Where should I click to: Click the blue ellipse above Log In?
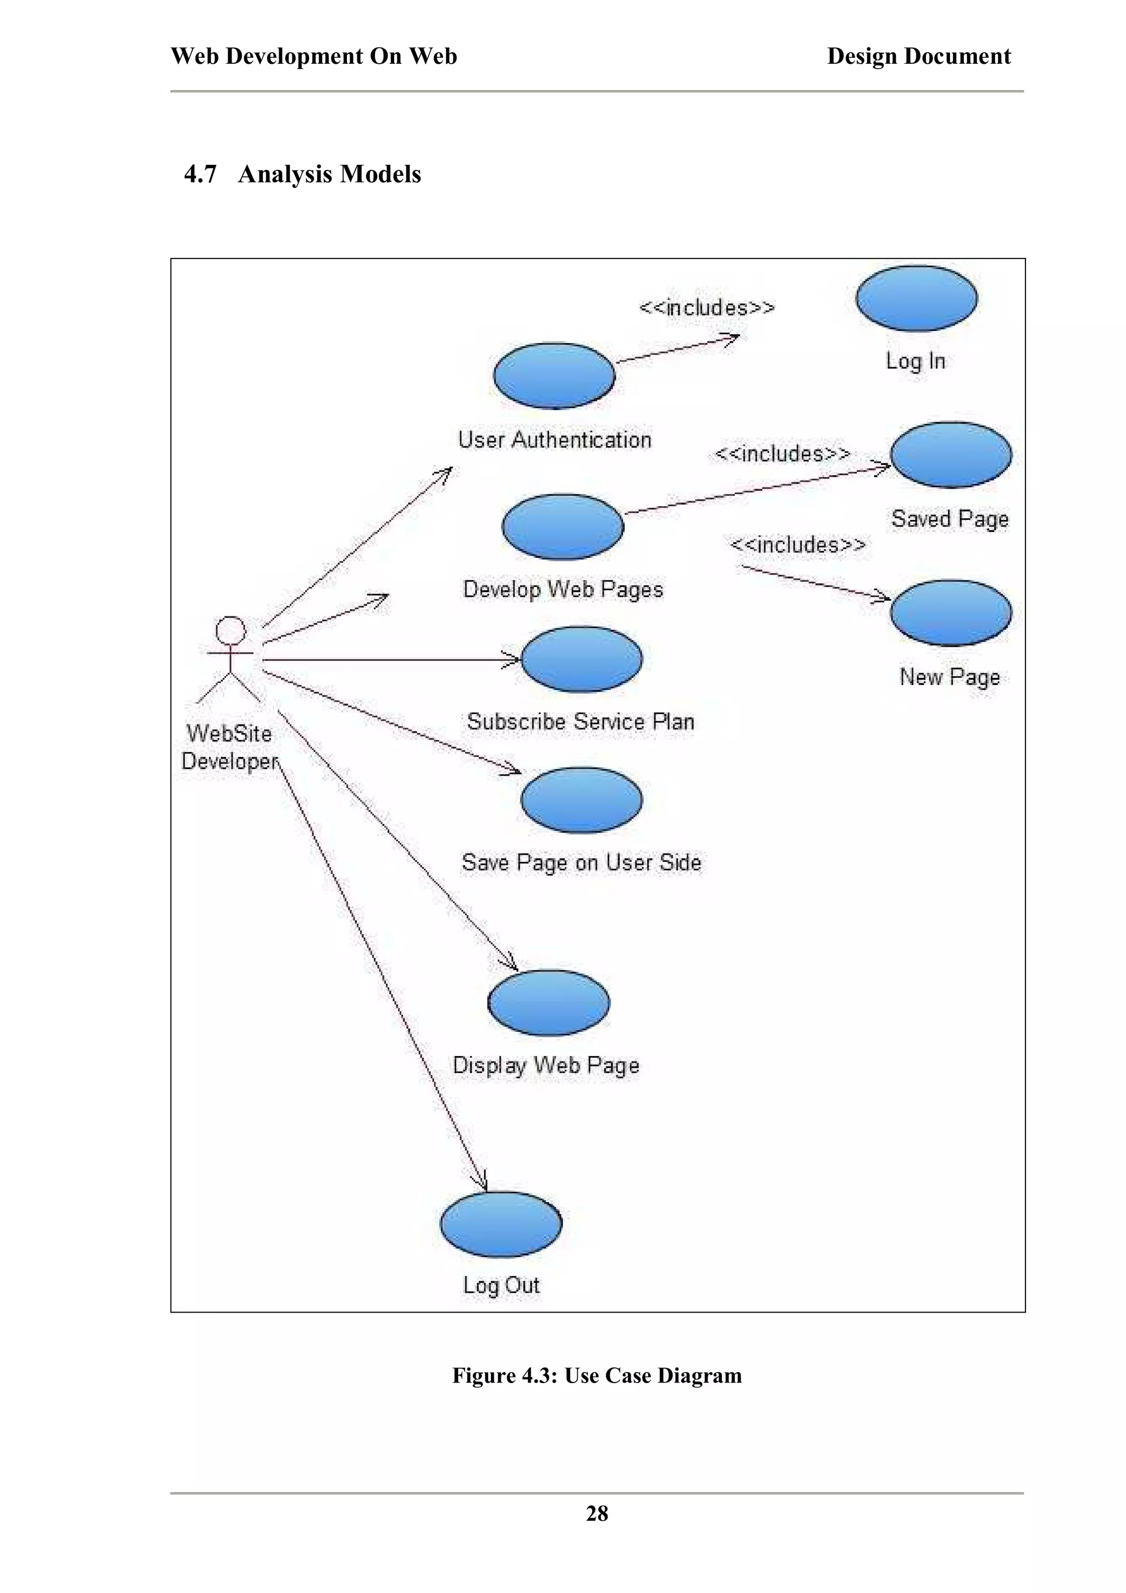tap(916, 298)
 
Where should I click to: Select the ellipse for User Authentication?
tap(554, 375)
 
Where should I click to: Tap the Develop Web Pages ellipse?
tap(562, 527)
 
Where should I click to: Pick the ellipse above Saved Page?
tap(951, 455)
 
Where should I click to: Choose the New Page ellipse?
tap(951, 613)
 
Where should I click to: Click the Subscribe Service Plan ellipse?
tap(581, 659)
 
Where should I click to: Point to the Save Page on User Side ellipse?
tap(581, 800)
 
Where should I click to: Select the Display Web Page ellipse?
tap(548, 1003)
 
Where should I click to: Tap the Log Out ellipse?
tap(501, 1225)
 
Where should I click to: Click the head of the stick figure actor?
tap(230, 630)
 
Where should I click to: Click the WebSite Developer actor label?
tap(229, 747)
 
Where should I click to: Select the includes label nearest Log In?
tap(706, 307)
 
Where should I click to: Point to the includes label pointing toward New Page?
tap(798, 545)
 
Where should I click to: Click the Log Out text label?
tap(501, 1285)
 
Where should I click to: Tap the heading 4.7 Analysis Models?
tap(302, 174)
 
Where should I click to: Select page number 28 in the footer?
tap(597, 1513)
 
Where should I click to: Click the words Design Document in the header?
tap(919, 56)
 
